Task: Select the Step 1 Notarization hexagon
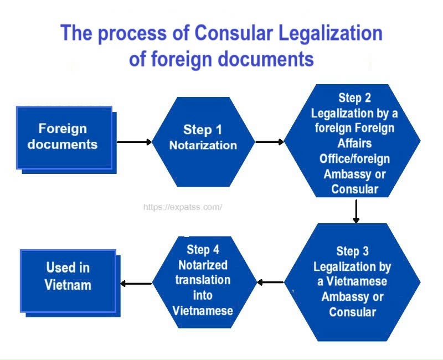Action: click(203, 138)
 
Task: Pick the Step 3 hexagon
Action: click(352, 282)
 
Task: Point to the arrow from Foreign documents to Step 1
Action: click(132, 142)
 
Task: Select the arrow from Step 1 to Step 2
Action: click(270, 142)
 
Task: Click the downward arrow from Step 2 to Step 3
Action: click(356, 210)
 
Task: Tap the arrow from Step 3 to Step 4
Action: click(271, 282)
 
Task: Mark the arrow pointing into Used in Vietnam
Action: click(136, 284)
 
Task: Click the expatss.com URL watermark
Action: click(183, 207)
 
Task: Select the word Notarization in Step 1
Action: click(203, 146)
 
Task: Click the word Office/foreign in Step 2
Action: click(354, 159)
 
